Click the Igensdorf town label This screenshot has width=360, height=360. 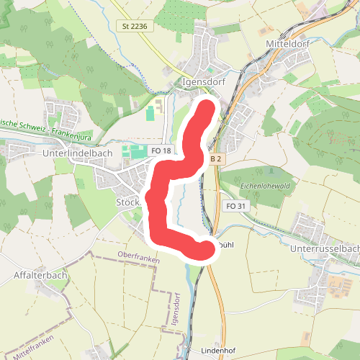[x=205, y=81]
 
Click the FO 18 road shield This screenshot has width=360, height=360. [x=161, y=150]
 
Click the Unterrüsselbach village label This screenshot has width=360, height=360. [x=323, y=248]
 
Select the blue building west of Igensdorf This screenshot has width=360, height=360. [x=150, y=113]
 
